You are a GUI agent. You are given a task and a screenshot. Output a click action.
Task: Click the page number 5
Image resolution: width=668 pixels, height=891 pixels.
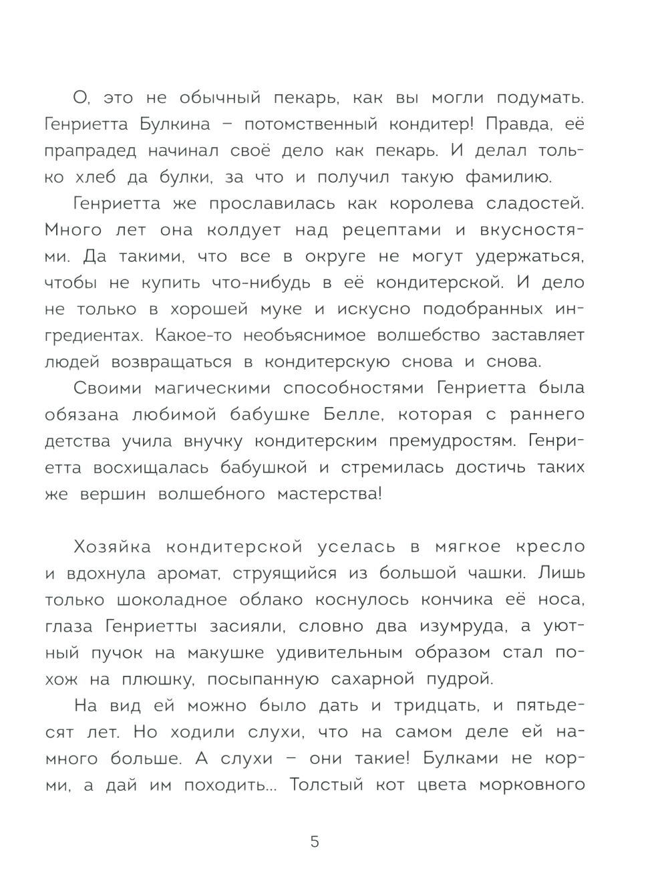[x=315, y=842]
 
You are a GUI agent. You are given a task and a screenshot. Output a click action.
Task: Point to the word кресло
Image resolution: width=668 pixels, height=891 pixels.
[x=551, y=547]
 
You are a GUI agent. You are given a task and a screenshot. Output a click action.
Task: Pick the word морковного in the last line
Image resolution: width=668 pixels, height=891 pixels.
[x=532, y=785]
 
